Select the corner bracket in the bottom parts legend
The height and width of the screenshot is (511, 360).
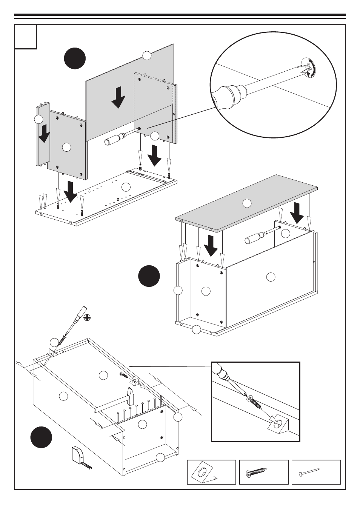(204, 473)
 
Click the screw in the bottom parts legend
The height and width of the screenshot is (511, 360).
(257, 472)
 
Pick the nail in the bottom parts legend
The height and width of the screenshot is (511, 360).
(309, 472)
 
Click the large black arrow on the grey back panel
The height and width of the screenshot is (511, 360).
(118, 97)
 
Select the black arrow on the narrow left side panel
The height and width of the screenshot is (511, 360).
(44, 133)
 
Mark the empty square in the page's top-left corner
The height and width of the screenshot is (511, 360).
(26, 37)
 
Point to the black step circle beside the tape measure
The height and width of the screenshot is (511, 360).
(42, 437)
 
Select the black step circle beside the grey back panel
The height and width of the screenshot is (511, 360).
(75, 58)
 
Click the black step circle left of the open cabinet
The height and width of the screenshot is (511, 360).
(149, 276)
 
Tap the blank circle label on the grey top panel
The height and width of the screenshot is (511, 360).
(246, 203)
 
